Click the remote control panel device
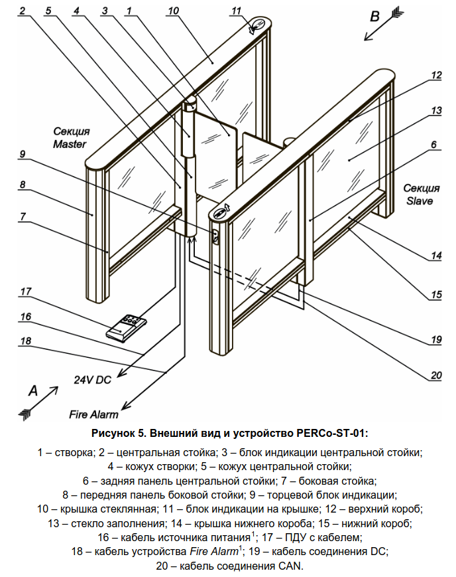point(127,327)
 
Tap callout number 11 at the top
point(236,11)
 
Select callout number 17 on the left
point(26,291)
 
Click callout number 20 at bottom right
point(436,375)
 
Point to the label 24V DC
point(93,380)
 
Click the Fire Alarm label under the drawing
point(93,414)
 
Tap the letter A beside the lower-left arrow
point(33,390)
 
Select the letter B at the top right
point(374,17)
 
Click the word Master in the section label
point(70,144)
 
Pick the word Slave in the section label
point(420,201)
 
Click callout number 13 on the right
point(436,110)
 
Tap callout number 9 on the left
point(23,153)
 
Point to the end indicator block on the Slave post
point(215,237)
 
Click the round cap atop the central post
point(190,103)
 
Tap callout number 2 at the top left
point(23,11)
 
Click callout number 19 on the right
point(436,339)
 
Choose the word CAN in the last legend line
point(290,566)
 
